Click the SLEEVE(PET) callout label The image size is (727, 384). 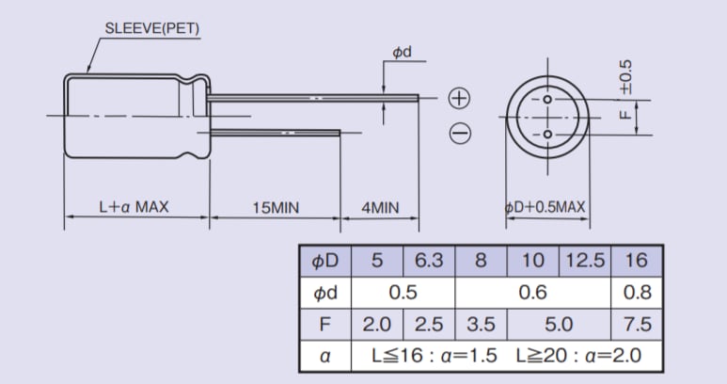(152, 28)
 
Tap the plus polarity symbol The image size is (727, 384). (458, 98)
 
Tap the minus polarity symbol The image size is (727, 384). (459, 135)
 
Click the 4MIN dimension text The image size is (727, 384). (380, 207)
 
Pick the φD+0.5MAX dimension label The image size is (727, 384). (546, 207)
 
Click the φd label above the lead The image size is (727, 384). (403, 52)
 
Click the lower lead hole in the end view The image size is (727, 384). (546, 136)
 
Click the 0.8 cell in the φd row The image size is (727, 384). (637, 293)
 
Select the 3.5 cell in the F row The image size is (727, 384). (481, 325)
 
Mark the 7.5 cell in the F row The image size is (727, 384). (637, 325)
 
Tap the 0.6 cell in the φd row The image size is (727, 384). (532, 293)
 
